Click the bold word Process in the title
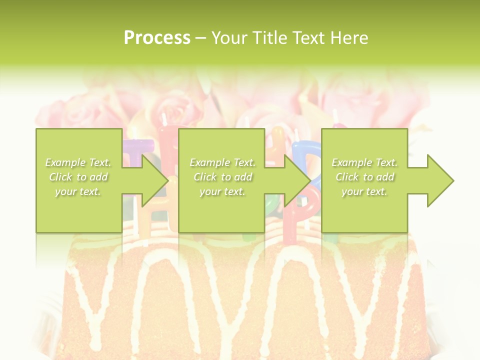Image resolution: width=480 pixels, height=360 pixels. pyautogui.click(x=157, y=38)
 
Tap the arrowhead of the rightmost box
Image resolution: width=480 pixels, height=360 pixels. pyautogui.click(x=440, y=180)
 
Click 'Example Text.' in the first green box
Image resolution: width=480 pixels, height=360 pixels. pyautogui.click(x=78, y=162)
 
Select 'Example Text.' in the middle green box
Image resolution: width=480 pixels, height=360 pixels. pyautogui.click(x=222, y=162)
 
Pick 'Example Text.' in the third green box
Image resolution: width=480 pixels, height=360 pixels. pyautogui.click(x=364, y=162)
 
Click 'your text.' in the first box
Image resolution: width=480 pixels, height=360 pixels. pyautogui.click(x=78, y=191)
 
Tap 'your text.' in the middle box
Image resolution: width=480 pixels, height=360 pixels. pyautogui.click(x=222, y=191)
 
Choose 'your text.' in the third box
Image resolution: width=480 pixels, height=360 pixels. pyautogui.click(x=364, y=191)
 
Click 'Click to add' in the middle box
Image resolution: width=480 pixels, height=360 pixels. pyautogui.click(x=222, y=177)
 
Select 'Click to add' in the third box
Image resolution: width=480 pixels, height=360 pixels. pyautogui.click(x=364, y=177)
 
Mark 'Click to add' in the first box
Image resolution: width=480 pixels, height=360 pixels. pyautogui.click(x=78, y=177)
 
